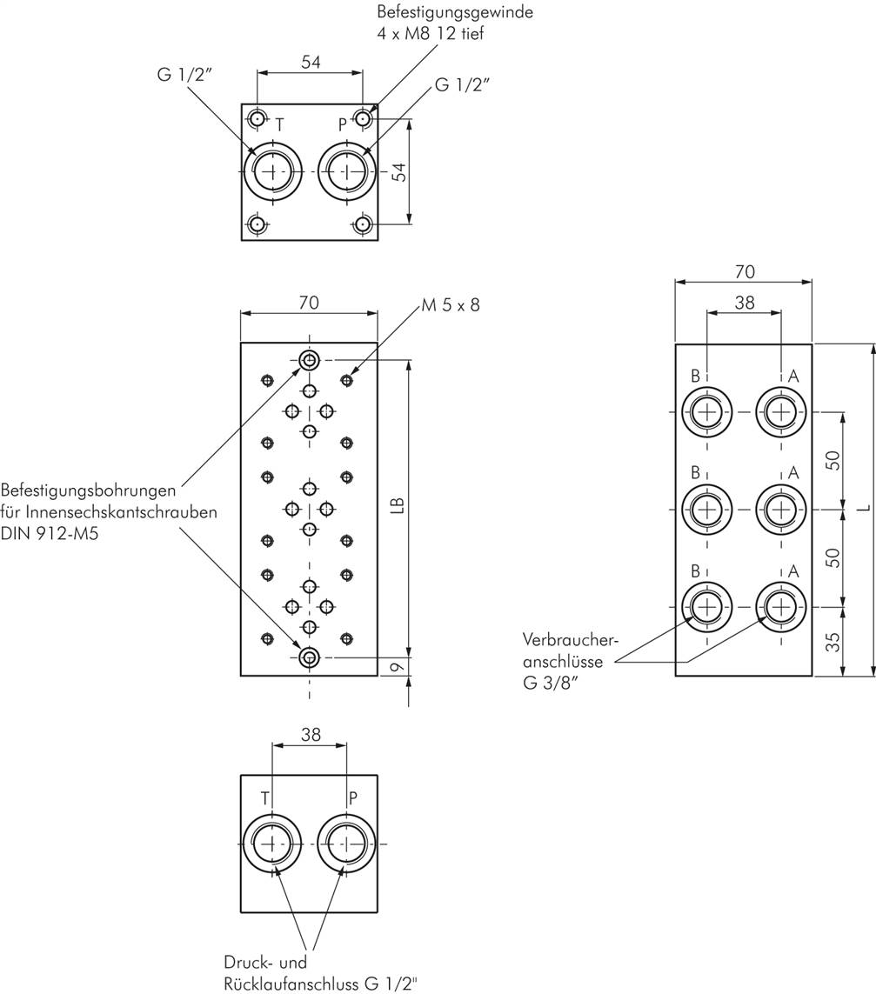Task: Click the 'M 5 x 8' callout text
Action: tap(450, 305)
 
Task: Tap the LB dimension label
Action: tap(397, 506)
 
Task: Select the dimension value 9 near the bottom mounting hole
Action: tap(397, 668)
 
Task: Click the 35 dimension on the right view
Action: tap(833, 642)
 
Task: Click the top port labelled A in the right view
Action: tap(781, 410)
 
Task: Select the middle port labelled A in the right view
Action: tap(781, 509)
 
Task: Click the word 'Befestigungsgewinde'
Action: tap(454, 13)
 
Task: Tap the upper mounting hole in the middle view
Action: tap(309, 360)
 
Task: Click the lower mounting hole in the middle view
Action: tap(309, 657)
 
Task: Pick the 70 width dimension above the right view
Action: tap(744, 272)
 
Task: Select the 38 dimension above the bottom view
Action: tap(310, 735)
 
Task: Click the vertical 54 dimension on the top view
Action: tap(398, 170)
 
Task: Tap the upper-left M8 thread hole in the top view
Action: tap(257, 118)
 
